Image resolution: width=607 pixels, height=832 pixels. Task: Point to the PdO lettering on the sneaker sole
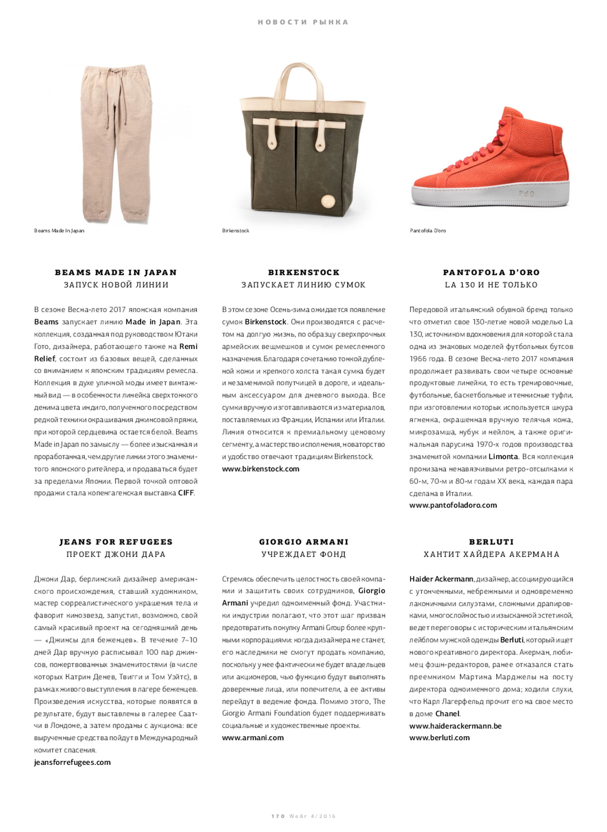526,194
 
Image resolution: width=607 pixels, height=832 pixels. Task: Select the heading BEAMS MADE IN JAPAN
116,272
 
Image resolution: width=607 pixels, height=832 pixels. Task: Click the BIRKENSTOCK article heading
303,272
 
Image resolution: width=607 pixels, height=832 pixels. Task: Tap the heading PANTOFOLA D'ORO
491,272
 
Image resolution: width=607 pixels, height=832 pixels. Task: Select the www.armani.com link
253,738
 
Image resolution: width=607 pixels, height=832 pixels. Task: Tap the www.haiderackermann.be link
455,726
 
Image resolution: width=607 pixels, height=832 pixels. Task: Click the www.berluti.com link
439,738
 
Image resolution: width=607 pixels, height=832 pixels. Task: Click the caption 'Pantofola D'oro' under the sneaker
428,231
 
